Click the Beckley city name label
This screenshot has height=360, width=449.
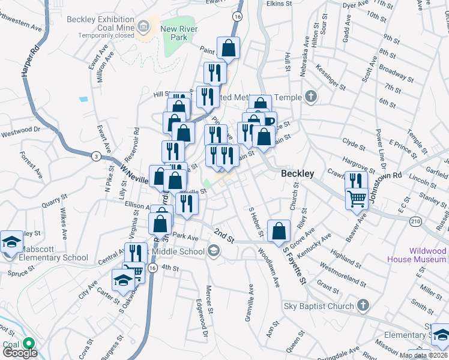click(298, 173)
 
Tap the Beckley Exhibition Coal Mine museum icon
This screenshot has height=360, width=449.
click(143, 26)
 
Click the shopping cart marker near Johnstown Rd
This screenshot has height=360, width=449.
click(357, 198)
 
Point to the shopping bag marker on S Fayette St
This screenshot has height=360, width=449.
click(279, 231)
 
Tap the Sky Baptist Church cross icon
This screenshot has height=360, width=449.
click(363, 306)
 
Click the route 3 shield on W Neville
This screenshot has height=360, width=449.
click(95, 157)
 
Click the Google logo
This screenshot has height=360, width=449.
click(20, 353)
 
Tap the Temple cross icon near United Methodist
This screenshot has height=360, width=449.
click(310, 96)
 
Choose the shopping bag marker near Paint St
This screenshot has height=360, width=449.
click(228, 48)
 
